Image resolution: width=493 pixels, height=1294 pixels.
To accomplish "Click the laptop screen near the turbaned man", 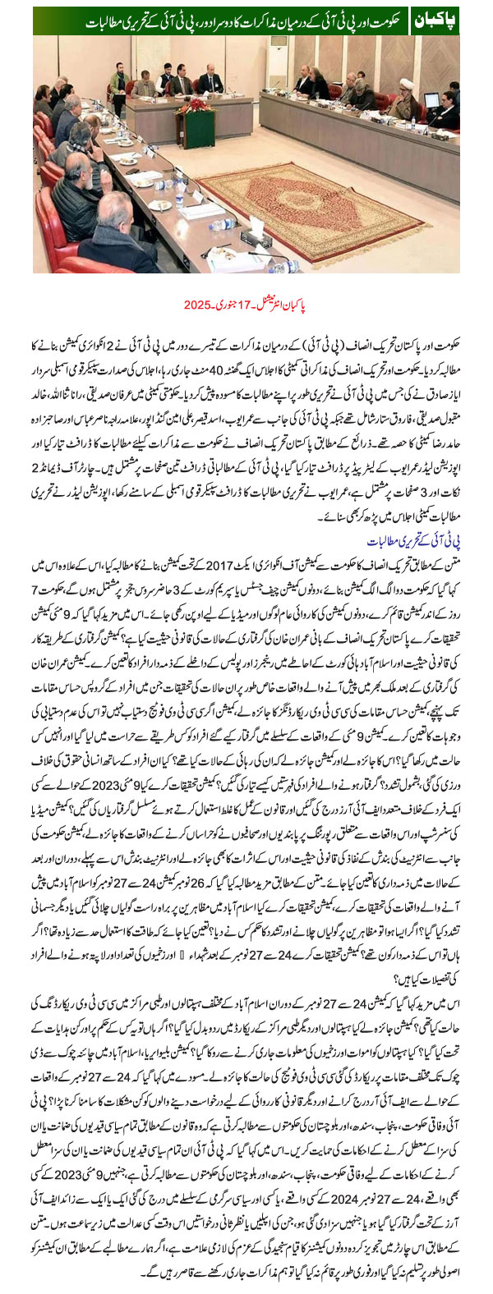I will [430, 101].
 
